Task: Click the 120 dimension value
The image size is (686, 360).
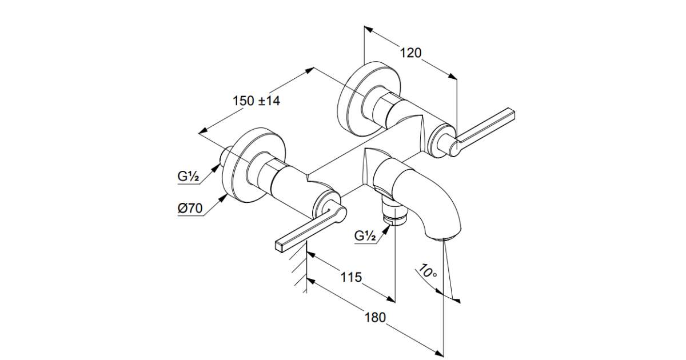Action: tap(410, 53)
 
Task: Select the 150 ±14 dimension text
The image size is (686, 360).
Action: tap(256, 101)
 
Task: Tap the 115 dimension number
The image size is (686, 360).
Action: tap(351, 277)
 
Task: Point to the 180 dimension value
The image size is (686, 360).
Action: tap(375, 318)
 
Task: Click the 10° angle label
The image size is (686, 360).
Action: tap(427, 271)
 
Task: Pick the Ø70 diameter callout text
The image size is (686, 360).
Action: tap(190, 209)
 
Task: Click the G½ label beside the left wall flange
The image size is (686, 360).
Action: tap(188, 177)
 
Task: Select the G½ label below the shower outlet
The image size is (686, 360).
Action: tap(365, 235)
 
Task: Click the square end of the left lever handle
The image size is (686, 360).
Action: tap(280, 247)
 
